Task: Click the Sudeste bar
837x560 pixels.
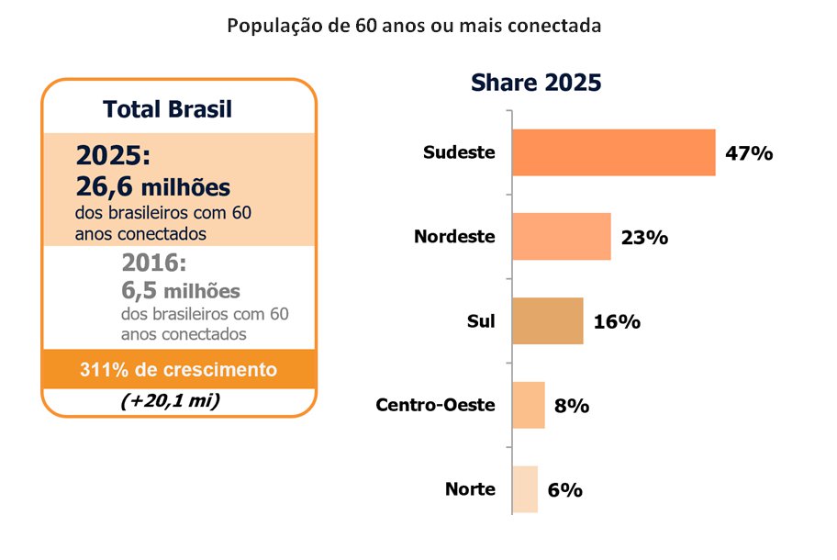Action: pyautogui.click(x=614, y=152)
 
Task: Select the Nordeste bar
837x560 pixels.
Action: pyautogui.click(x=562, y=237)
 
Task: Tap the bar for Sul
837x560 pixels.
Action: pyautogui.click(x=548, y=320)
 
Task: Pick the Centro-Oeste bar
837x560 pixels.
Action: pyautogui.click(x=529, y=405)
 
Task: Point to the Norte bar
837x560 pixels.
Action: pyautogui.click(x=525, y=489)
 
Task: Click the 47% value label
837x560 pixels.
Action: pyautogui.click(x=749, y=153)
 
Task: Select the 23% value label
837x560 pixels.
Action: pyautogui.click(x=644, y=238)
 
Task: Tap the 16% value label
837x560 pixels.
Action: pyautogui.click(x=617, y=322)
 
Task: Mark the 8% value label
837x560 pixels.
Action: pyautogui.click(x=572, y=406)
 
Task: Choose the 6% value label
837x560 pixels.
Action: pyautogui.click(x=564, y=490)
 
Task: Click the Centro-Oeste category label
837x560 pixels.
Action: pyautogui.click(x=436, y=405)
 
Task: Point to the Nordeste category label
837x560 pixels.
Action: pyautogui.click(x=455, y=236)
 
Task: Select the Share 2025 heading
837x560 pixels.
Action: pyautogui.click(x=536, y=83)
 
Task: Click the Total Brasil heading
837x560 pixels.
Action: pyautogui.click(x=168, y=109)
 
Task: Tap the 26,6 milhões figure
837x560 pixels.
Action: pyautogui.click(x=153, y=187)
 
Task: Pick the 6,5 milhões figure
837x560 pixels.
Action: pyautogui.click(x=181, y=291)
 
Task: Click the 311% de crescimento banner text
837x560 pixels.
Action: pyautogui.click(x=178, y=369)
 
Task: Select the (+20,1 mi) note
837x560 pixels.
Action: pyautogui.click(x=171, y=400)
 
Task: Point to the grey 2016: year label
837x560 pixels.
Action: pyautogui.click(x=154, y=263)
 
